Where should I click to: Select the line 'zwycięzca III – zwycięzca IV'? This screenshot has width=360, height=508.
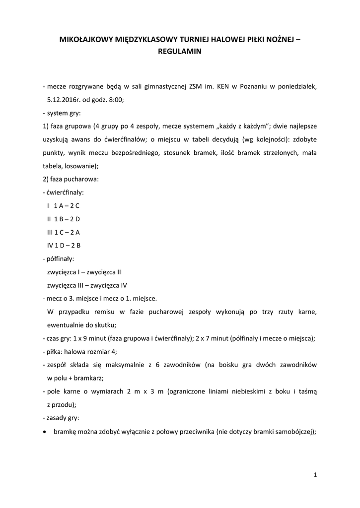87,285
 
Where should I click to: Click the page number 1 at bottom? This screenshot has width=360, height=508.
315,475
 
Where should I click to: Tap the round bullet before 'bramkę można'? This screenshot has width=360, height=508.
45,432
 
